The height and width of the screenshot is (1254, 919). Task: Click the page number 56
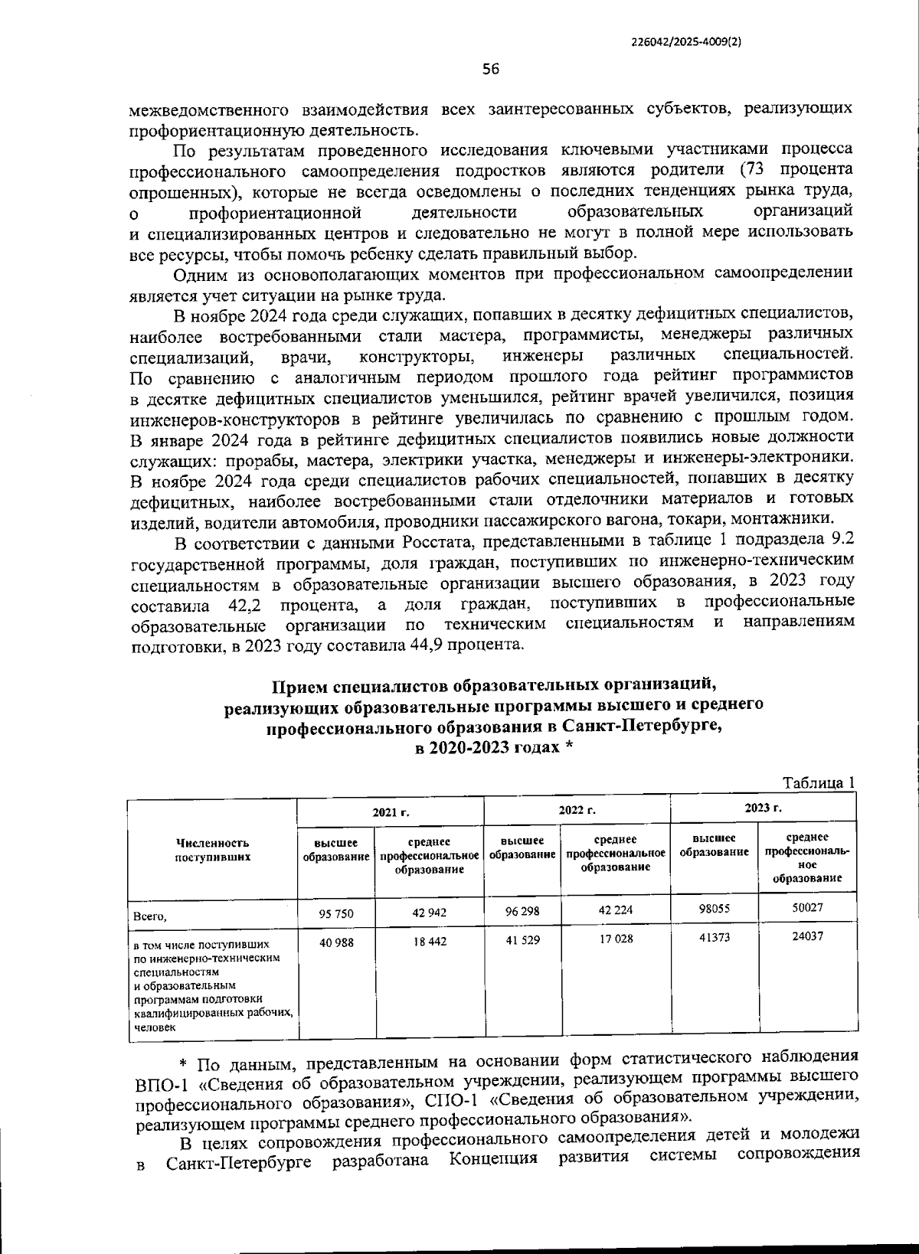coord(491,70)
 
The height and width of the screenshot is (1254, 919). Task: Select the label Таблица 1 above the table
coord(817,782)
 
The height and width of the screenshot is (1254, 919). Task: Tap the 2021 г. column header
coord(391,812)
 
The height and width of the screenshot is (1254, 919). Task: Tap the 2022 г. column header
coord(577,810)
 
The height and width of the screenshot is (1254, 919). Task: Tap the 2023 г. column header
coord(763,808)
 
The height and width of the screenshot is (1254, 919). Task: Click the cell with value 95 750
coord(336,913)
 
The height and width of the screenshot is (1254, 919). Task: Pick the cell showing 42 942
coord(429,913)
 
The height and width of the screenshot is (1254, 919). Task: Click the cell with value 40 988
coord(336,942)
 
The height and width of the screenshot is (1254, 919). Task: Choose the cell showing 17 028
coord(615,939)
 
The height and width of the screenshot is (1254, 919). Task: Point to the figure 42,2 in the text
coord(247,606)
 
